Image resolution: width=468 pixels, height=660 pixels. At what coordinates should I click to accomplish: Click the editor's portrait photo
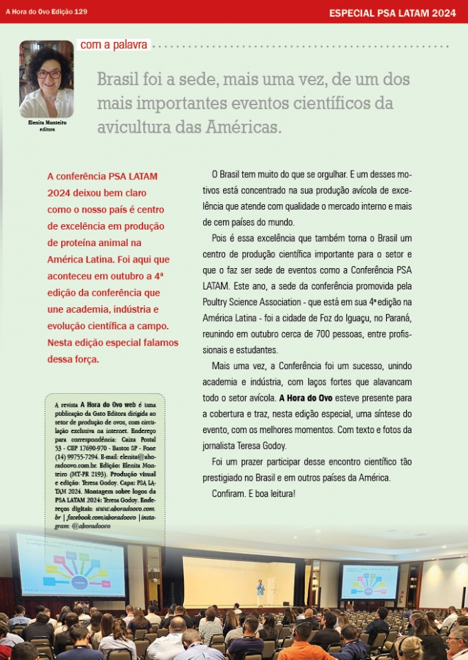click(x=46, y=79)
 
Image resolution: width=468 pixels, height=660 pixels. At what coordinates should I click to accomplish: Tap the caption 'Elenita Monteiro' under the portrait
click(x=47, y=122)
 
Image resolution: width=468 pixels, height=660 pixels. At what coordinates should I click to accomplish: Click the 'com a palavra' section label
click(x=114, y=45)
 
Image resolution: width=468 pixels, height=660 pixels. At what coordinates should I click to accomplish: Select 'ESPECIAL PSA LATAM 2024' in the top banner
click(x=392, y=12)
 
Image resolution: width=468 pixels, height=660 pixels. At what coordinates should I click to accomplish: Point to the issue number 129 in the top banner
click(x=80, y=12)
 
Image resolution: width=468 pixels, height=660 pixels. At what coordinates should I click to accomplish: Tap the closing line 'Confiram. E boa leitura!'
click(x=253, y=494)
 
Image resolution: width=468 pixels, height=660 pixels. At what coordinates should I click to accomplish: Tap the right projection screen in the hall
click(x=370, y=581)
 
